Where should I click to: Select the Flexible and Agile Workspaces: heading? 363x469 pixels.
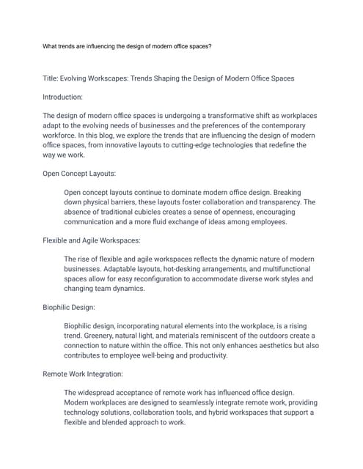pos(92,240)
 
